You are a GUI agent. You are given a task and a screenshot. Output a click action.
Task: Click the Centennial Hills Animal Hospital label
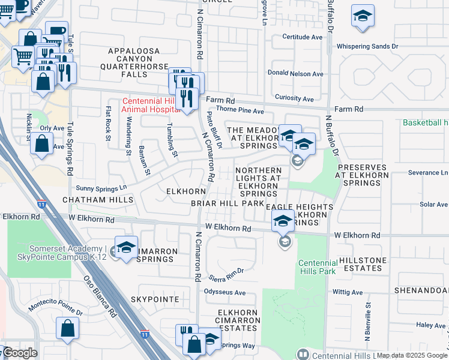point(149,105)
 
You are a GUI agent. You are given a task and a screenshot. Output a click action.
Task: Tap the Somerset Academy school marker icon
point(126,248)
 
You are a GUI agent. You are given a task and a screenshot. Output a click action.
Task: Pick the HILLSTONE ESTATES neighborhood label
point(364,265)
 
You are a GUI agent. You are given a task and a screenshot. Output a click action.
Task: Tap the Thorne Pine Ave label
point(240,111)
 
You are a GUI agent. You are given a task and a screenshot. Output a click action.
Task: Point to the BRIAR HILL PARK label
point(228,204)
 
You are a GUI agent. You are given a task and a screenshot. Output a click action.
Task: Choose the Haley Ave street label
point(430,325)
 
